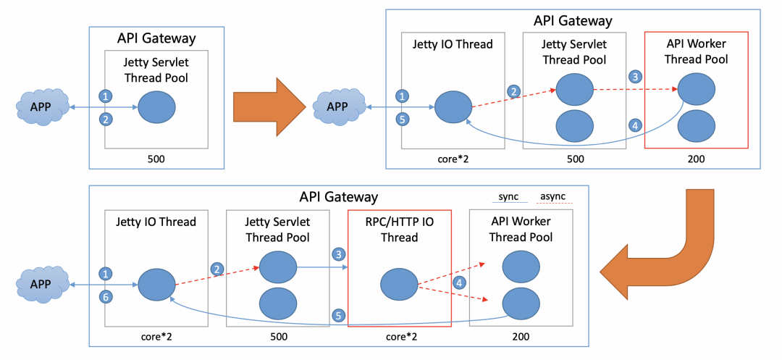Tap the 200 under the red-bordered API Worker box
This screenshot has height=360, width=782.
click(695, 157)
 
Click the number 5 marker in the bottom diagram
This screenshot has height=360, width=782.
click(337, 315)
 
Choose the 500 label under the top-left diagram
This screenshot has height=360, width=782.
click(156, 157)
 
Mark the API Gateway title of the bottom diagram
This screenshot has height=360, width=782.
click(338, 197)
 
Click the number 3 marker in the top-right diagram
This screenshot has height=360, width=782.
click(635, 76)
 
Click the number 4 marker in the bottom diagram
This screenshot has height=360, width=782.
click(458, 283)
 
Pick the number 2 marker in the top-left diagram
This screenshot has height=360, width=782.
click(106, 120)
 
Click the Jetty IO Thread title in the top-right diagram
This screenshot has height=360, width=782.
click(452, 44)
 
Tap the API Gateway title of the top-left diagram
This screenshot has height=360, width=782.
click(156, 38)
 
